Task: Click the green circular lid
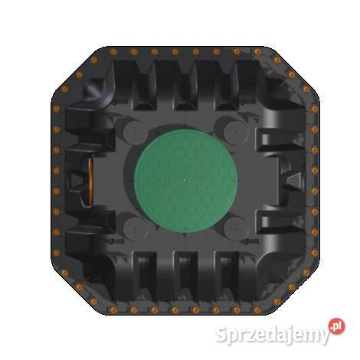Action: tap(185, 181)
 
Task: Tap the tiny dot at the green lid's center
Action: tap(185, 181)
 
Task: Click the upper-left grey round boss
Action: tap(135, 133)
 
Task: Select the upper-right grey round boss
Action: tap(236, 133)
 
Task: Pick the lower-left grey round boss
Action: tap(135, 228)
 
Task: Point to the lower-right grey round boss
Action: tap(236, 228)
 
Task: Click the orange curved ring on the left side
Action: tap(90, 182)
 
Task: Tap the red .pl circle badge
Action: tap(336, 326)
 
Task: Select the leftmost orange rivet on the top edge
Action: tap(113, 52)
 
